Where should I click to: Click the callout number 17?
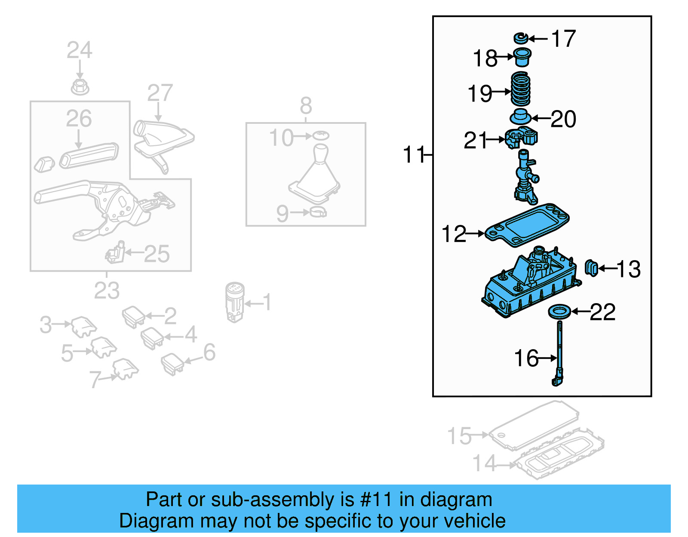point(563,39)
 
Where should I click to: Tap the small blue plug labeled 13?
point(592,268)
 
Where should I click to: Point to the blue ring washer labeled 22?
point(560,311)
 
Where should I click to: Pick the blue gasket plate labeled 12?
point(527,225)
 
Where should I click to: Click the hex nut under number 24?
point(80,87)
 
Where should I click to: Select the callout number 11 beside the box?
point(413,154)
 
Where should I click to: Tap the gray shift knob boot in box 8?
point(316,176)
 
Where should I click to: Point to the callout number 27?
point(160,93)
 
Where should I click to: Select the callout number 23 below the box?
point(107,291)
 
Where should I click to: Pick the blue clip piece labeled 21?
point(521,138)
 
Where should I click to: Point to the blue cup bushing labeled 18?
point(522,57)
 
